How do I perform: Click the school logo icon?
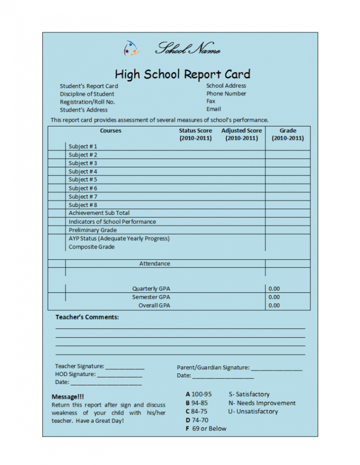point(131,48)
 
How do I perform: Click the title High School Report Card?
point(183,74)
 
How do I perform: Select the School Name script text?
point(187,48)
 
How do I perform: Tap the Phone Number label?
point(226,93)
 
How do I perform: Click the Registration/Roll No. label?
point(87,102)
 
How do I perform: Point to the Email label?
point(214,109)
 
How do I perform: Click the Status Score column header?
point(195,134)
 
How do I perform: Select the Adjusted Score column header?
point(241,134)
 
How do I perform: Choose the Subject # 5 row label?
point(83,179)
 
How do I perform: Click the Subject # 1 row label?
point(83,146)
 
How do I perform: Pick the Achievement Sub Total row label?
point(99,213)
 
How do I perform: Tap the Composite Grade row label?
point(91,247)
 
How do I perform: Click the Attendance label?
point(155,264)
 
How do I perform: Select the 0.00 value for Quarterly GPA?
point(274,288)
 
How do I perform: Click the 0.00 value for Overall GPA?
point(274,305)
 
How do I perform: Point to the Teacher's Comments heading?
point(87,317)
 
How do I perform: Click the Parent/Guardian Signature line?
point(276,368)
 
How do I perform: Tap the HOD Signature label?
point(75,374)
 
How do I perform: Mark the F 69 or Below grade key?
point(206,428)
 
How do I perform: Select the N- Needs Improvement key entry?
point(262,403)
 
